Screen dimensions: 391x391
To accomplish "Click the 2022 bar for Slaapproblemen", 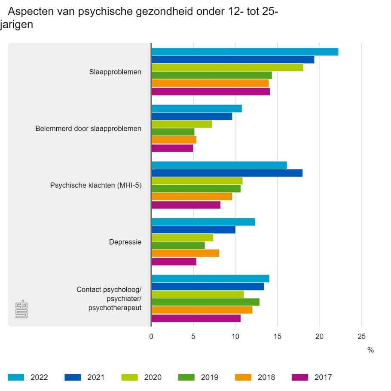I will pyautogui.click(x=244, y=52).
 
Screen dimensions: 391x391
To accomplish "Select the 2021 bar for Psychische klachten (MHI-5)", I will pyautogui.click(x=227, y=173).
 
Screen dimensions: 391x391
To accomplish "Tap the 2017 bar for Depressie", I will pyautogui.click(x=174, y=262).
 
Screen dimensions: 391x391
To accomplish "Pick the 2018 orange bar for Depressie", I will pyautogui.click(x=185, y=254).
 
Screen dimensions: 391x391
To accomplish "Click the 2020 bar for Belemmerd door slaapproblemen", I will pyautogui.click(x=181, y=124).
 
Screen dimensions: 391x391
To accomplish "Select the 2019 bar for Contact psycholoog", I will pyautogui.click(x=205, y=302).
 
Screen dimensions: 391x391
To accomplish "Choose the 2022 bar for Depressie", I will pyautogui.click(x=203, y=222).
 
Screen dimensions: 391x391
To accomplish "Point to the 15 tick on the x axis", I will pyautogui.click(x=278, y=336).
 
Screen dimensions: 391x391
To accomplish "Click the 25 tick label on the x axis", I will pyautogui.click(x=361, y=336).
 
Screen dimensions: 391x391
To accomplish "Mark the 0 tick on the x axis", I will pyautogui.click(x=151, y=336).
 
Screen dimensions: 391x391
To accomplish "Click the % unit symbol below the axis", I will pyautogui.click(x=370, y=350).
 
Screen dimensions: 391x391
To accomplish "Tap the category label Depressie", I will pyautogui.click(x=125, y=242).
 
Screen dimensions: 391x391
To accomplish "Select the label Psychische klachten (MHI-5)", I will pyautogui.click(x=95, y=186).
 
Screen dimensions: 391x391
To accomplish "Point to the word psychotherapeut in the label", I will pyautogui.click(x=115, y=308).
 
